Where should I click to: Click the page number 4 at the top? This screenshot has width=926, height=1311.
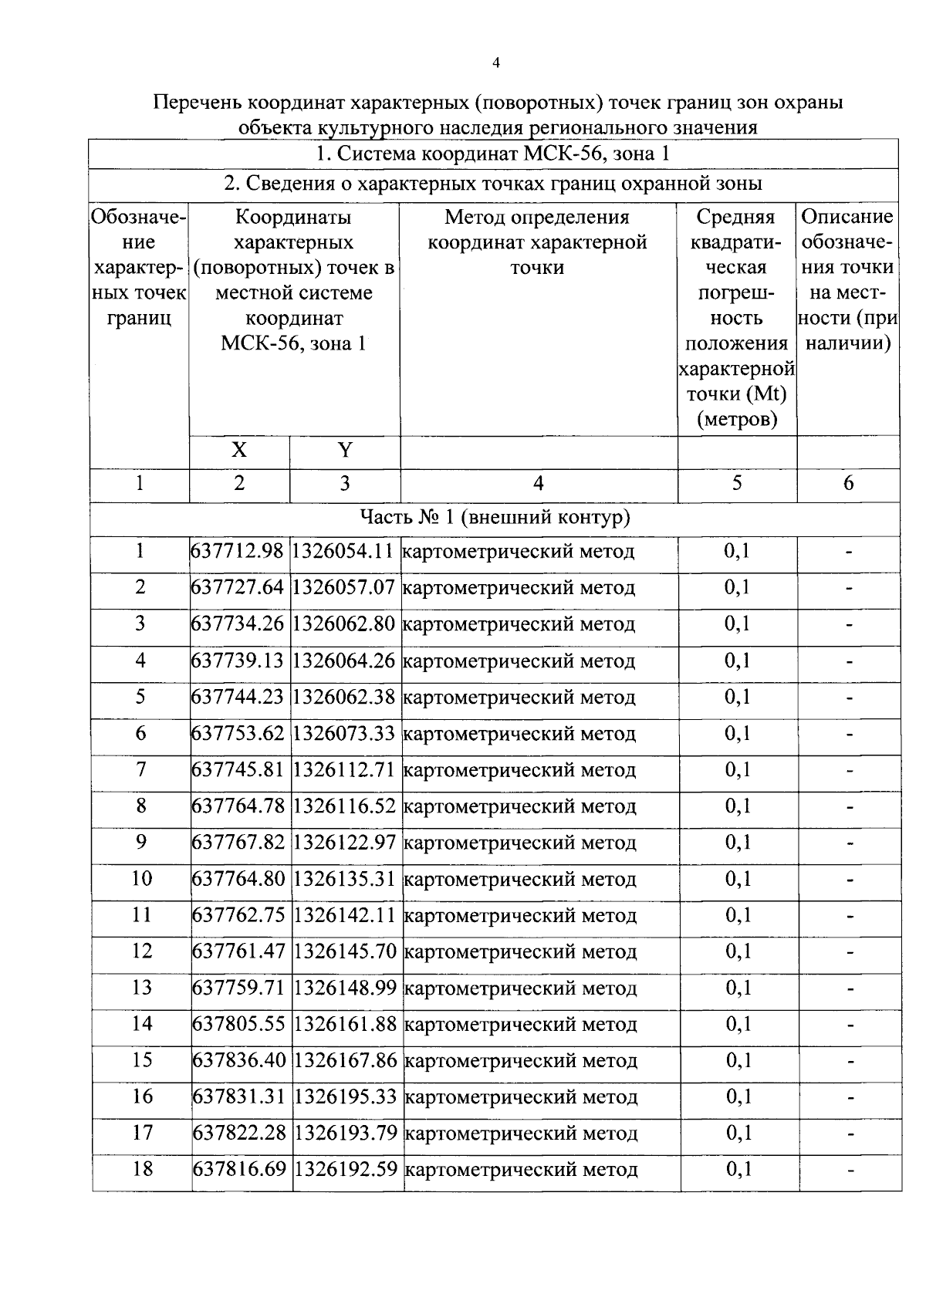[495, 63]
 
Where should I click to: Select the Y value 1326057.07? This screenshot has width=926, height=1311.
[345, 588]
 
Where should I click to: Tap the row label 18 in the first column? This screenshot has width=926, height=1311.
[142, 1170]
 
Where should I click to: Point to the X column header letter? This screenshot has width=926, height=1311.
[239, 451]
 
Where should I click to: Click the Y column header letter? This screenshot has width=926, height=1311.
[345, 451]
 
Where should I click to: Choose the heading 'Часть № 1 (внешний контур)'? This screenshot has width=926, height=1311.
[495, 517]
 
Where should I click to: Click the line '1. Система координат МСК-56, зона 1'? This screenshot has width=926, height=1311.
[493, 154]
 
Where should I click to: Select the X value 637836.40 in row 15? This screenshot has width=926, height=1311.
[239, 1061]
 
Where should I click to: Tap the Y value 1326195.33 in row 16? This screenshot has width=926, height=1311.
[346, 1097]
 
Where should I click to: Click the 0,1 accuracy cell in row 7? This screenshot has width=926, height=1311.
[737, 770]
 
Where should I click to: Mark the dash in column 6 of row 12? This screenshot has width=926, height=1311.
[849, 952]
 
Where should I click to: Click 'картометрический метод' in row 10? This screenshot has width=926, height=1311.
[520, 880]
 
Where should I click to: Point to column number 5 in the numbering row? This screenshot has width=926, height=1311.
[737, 483]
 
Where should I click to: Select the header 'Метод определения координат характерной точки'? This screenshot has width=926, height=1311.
[537, 242]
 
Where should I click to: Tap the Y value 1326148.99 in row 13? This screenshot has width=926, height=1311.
[346, 988]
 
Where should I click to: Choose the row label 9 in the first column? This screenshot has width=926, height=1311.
[140, 842]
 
